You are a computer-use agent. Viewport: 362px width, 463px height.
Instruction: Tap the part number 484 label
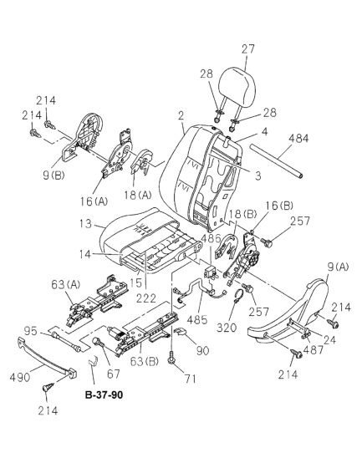pyautogui.click(x=298, y=138)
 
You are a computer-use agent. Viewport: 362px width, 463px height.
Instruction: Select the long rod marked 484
pyautogui.click(x=277, y=160)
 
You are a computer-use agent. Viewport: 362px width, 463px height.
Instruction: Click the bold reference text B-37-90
pyautogui.click(x=104, y=394)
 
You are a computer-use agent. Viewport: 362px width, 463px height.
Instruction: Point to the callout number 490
pyautogui.click(x=20, y=378)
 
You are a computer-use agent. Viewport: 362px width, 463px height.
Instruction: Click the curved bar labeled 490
pyautogui.click(x=48, y=359)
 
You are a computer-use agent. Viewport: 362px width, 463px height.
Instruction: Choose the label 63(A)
pyautogui.click(x=65, y=285)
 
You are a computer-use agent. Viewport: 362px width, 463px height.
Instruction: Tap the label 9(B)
pyautogui.click(x=54, y=176)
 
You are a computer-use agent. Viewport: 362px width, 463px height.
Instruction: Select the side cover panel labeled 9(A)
pyautogui.click(x=288, y=313)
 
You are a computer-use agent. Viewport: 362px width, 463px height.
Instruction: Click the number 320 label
pyautogui.click(x=227, y=328)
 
